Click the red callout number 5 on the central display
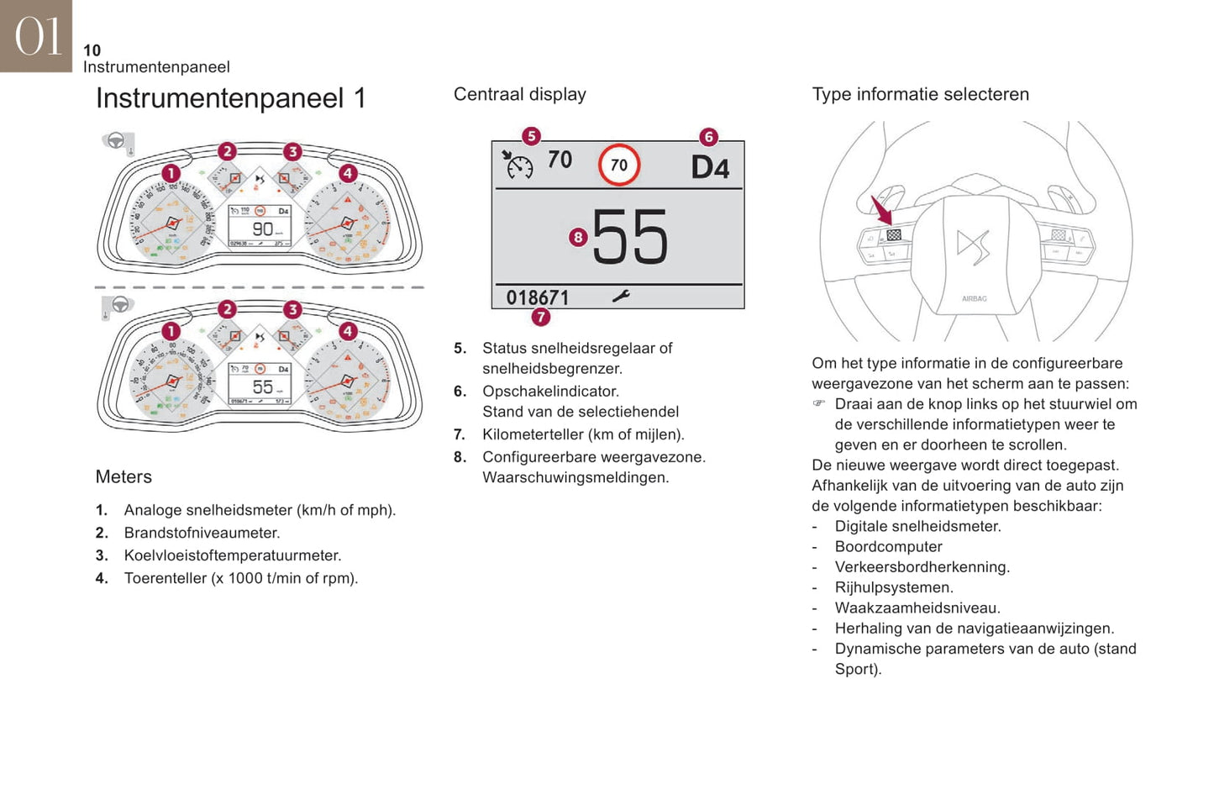[531, 136]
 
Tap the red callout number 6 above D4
[709, 136]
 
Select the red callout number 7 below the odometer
[541, 317]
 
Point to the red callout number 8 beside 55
[577, 237]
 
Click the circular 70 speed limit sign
[619, 165]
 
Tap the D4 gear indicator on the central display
[710, 167]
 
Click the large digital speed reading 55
[630, 237]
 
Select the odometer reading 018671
[538, 297]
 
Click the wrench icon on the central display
[621, 296]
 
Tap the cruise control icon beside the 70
[518, 165]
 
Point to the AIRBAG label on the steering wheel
[975, 298]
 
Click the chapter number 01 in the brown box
[38, 36]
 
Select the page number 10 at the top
[92, 50]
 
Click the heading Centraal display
[520, 94]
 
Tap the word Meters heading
[124, 476]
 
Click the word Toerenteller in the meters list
[165, 578]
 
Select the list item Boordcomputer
[888, 546]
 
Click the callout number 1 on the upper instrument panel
[171, 173]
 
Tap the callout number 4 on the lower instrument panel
[348, 331]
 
